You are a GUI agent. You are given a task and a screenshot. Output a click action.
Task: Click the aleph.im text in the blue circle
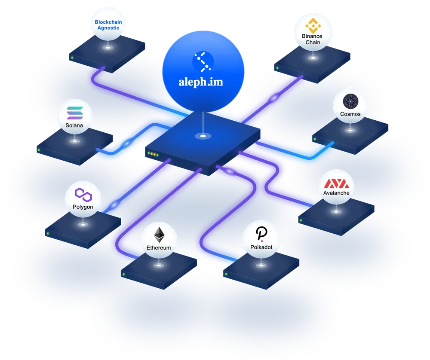click(x=201, y=82)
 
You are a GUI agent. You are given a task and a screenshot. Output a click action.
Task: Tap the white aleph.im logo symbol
click(x=203, y=62)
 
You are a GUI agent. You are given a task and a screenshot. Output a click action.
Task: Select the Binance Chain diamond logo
click(x=313, y=25)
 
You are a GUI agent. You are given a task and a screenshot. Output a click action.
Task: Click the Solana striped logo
click(x=75, y=113)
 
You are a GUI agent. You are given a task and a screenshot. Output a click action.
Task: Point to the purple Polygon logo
click(x=83, y=195)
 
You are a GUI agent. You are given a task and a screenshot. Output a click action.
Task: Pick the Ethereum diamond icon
click(x=159, y=235)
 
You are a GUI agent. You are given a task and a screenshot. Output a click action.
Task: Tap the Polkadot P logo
click(x=261, y=234)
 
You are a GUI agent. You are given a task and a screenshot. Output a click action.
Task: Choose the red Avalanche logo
click(x=337, y=183)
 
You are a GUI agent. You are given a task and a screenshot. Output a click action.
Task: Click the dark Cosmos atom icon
click(x=350, y=101)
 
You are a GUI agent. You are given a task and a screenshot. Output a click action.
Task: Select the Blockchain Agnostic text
click(x=108, y=25)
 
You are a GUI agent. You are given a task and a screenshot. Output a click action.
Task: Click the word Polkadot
click(x=261, y=247)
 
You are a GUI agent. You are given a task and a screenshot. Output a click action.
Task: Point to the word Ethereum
click(x=159, y=248)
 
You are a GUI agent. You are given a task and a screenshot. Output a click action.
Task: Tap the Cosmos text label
click(x=350, y=114)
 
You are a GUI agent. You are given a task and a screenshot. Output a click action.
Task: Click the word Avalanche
click(x=336, y=193)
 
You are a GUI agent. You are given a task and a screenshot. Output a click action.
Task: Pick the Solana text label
click(x=74, y=125)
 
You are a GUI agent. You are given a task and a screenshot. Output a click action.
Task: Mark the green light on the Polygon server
click(x=48, y=233)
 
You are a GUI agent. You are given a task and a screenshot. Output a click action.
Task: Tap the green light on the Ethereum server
click(x=124, y=274)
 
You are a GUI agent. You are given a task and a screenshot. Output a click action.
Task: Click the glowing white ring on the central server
click(x=203, y=136)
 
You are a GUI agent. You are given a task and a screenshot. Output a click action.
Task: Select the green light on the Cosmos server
click(x=315, y=139)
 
